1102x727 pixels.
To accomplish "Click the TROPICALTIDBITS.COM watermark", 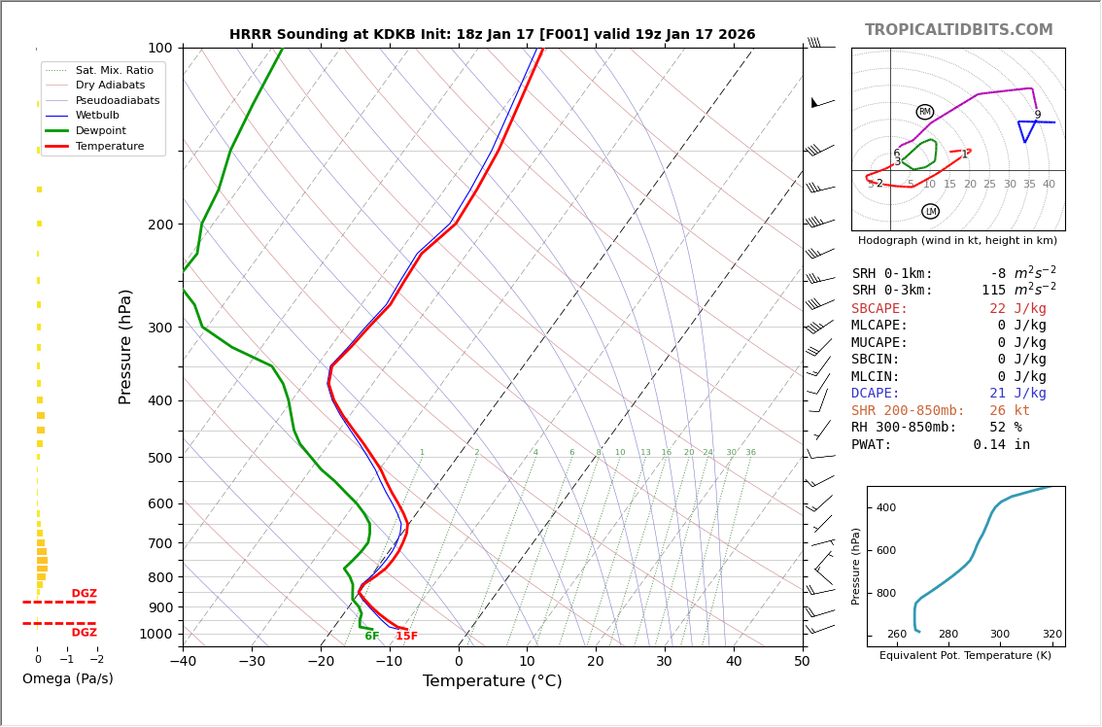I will pos(958,30).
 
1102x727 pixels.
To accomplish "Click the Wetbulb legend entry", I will pos(97,116).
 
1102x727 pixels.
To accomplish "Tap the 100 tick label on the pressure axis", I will pos(159,48).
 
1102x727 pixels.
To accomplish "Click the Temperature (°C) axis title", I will pos(492,682).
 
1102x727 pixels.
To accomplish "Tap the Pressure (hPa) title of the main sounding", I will pos(126,346).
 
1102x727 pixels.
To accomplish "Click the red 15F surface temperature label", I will pos(406,637).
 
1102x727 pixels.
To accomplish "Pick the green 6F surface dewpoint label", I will pos(371,637).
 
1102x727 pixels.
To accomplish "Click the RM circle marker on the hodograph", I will pos(924,112).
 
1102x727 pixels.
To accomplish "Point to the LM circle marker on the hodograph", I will pos(930,211).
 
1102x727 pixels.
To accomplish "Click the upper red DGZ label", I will pos(84,594).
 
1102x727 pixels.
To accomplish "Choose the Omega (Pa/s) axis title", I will pos(67,679).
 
